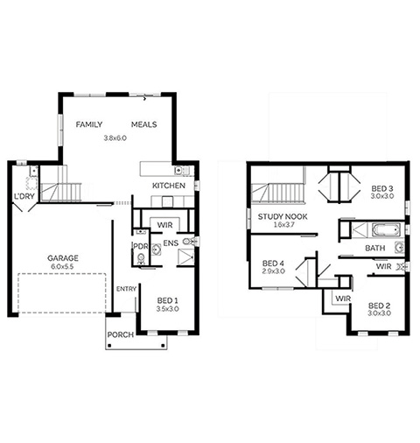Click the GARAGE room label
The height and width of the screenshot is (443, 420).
click(63, 258)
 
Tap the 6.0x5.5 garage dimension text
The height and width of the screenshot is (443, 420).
click(62, 266)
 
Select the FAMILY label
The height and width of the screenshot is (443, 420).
click(89, 124)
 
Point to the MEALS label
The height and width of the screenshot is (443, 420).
click(143, 124)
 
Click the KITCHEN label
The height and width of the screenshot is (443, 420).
click(169, 186)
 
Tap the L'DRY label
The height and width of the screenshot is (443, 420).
click(24, 196)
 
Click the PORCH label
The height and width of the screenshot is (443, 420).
click(121, 334)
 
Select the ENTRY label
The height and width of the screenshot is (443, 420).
click(126, 289)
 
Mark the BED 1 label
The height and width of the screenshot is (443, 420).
click(167, 300)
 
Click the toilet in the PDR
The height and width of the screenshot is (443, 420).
click(141, 258)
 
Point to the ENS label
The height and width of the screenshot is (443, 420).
click(171, 243)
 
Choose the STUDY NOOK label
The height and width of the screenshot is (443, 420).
click(283, 216)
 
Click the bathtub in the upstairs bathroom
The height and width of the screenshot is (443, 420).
click(386, 230)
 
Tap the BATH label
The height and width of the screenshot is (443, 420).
click(375, 248)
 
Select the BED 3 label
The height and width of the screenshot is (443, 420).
click(382, 188)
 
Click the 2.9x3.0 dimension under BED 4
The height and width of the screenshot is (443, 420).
click(273, 271)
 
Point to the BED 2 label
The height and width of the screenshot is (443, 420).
click(379, 306)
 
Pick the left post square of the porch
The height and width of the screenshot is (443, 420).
click(109, 346)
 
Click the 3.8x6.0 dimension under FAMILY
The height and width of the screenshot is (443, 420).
click(115, 138)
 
